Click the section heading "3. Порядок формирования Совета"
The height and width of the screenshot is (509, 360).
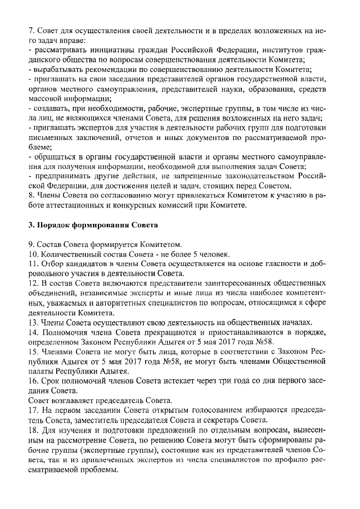(x=93, y=225)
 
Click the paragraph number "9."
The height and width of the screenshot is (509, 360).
(x=32, y=245)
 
